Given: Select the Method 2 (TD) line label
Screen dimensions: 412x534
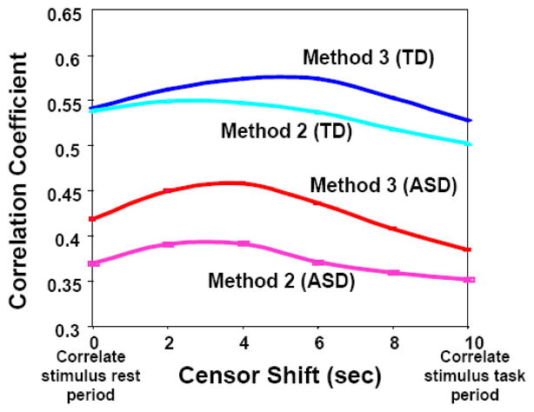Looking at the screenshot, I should [x=280, y=131].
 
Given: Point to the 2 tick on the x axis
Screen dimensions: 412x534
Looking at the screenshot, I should [x=168, y=342].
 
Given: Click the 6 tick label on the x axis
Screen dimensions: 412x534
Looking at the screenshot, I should [x=318, y=342].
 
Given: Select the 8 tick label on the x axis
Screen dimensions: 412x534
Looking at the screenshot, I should [x=394, y=342].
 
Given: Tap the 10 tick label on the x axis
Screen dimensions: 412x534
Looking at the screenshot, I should [x=469, y=342].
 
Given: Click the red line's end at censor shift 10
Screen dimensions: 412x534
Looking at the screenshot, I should [x=470, y=249].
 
